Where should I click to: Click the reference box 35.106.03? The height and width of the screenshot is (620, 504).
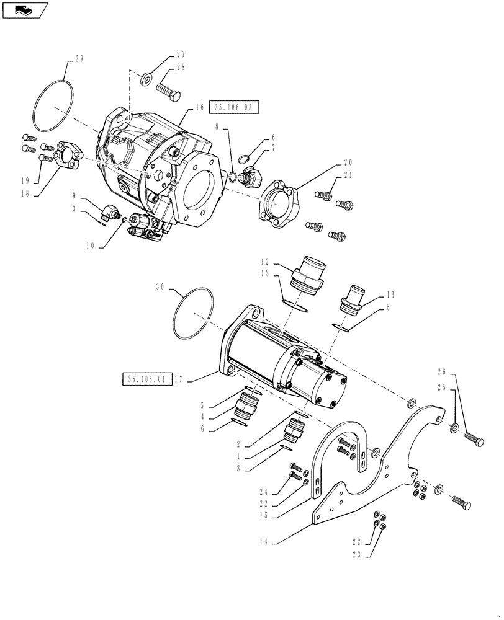[234, 107]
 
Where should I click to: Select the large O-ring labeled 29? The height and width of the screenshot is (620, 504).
[54, 105]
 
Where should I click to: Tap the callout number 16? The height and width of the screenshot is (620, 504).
[199, 107]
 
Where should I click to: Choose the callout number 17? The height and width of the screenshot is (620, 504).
[179, 379]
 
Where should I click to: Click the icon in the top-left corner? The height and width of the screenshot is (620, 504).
[24, 9]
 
